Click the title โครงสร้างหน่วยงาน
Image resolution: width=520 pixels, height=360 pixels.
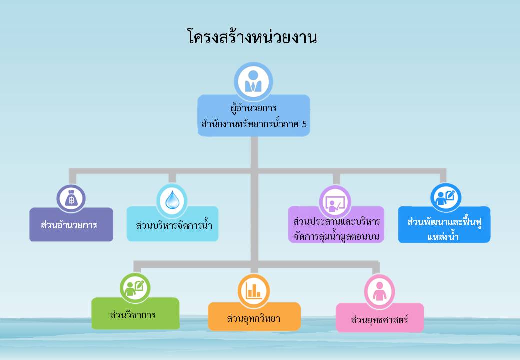[x=252, y=36]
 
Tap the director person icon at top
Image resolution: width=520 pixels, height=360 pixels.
[x=253, y=81]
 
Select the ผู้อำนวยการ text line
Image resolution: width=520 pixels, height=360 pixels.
[x=253, y=108]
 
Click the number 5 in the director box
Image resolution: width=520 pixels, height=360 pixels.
[x=304, y=124]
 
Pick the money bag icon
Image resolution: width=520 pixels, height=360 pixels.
[x=71, y=199]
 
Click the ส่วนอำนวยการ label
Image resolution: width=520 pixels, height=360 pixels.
[x=69, y=225]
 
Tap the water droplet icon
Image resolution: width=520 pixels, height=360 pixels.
[x=172, y=200]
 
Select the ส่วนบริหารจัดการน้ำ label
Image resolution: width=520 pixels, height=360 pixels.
[x=174, y=225]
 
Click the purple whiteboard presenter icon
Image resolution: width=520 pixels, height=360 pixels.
[x=335, y=201]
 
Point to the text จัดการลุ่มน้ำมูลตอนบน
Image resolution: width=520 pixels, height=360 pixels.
[x=336, y=237]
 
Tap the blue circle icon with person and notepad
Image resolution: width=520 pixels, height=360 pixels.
[x=446, y=198]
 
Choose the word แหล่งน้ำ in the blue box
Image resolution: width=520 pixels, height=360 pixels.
[x=443, y=236]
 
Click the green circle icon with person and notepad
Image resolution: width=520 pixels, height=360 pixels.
[x=135, y=287]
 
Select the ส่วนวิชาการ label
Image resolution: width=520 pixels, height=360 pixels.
[x=133, y=315]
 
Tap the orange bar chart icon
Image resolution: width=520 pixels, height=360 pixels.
[x=253, y=291]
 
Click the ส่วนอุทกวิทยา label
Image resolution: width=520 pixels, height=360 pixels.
[x=253, y=319]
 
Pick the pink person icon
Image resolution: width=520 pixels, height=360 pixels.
[x=379, y=291]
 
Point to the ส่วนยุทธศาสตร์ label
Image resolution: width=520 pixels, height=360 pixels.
[x=379, y=320]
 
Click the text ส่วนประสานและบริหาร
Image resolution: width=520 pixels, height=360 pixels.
[x=337, y=222]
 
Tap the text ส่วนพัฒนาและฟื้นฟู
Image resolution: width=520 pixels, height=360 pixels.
[x=444, y=222]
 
